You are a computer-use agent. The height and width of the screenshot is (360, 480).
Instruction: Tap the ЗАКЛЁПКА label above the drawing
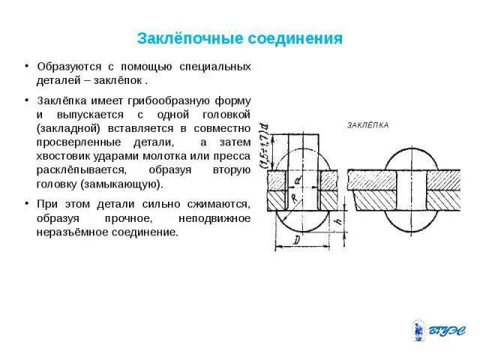click(x=368, y=124)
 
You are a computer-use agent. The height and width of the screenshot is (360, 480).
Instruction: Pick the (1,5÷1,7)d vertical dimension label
click(x=265, y=148)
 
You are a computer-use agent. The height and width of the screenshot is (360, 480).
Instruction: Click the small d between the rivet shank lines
click(x=298, y=181)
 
